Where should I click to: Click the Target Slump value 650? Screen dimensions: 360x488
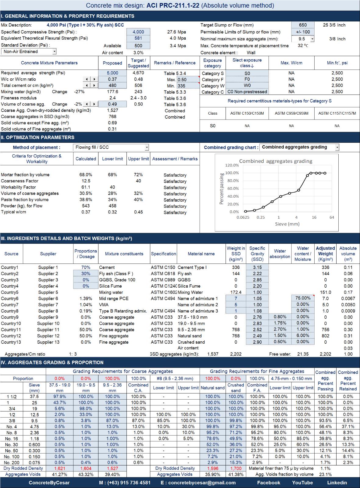tap(303, 25)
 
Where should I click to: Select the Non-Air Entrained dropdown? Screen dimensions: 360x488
tap(29, 52)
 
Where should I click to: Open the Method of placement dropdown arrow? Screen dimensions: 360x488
tap(147, 147)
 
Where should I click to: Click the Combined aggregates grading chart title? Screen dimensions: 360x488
tap(276, 161)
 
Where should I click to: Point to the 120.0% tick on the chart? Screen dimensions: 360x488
tap(232, 165)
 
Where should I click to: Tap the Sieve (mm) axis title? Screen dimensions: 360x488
tap(287, 224)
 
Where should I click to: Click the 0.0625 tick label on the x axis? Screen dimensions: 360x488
tap(243, 217)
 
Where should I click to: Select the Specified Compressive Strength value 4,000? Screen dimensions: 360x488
tap(138, 32)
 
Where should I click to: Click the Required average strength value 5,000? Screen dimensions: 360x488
tap(112, 73)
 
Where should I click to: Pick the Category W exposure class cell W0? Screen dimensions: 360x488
tap(247, 85)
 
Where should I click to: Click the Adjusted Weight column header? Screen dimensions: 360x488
tap(325, 254)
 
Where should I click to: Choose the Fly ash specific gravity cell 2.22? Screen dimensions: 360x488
tap(257, 274)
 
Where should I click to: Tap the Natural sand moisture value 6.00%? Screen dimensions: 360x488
tap(303, 336)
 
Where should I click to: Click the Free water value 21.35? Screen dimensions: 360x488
tap(303, 354)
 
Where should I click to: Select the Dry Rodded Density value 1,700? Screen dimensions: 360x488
tap(236, 468)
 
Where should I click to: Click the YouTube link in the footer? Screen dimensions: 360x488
tap(302, 483)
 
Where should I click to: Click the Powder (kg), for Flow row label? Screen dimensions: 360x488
tap(22, 206)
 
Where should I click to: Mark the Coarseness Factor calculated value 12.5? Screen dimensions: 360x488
tap(86, 181)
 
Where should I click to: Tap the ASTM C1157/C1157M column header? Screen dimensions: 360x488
tap(337, 113)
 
